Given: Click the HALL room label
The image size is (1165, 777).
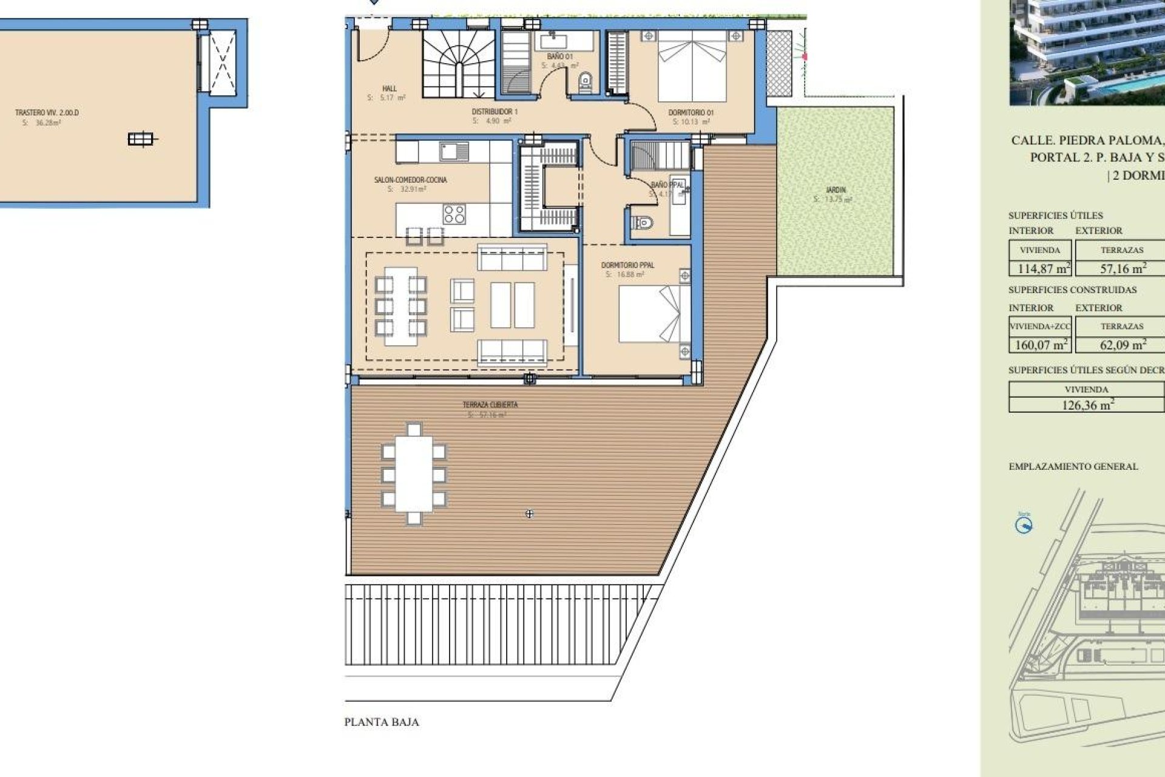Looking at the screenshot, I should [389, 89].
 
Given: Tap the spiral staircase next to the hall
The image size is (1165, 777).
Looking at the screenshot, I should [458, 64].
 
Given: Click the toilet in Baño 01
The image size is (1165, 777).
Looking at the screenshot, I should [585, 81].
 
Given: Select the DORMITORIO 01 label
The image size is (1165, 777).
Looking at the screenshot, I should [691, 113].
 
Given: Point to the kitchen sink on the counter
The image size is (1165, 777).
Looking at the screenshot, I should [450, 151].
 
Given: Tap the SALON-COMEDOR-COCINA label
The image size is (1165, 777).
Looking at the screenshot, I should [410, 180].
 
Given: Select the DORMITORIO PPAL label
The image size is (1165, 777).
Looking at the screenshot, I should [627, 265].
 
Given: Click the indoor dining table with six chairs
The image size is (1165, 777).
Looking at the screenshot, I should [400, 306].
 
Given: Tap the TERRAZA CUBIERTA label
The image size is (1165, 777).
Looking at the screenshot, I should [490, 405].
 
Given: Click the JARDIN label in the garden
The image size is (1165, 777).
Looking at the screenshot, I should [836, 190].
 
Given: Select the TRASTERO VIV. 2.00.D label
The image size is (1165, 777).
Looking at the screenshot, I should [47, 113].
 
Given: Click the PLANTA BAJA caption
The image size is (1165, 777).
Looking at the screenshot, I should [382, 722].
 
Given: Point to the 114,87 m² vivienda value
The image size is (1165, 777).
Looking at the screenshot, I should [1040, 268].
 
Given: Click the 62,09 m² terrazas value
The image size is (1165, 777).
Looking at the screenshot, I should [1123, 345].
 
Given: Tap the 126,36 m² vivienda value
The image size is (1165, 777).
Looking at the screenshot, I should [1086, 405].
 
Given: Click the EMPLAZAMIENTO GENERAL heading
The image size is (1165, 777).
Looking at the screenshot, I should [1073, 467].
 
